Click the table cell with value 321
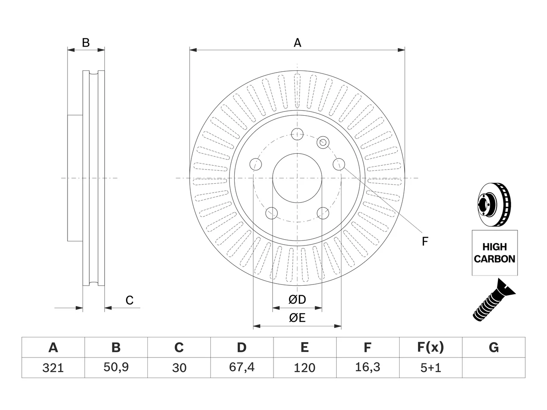(53, 368)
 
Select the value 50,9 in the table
(116, 368)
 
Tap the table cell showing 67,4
(242, 368)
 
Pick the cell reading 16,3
(368, 368)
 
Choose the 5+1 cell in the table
(431, 368)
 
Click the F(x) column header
(431, 347)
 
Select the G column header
(494, 347)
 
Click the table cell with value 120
(305, 368)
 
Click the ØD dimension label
(297, 299)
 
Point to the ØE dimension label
(297, 318)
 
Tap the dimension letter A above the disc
(297, 43)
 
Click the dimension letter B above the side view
(86, 43)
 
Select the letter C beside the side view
(129, 300)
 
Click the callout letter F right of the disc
(425, 241)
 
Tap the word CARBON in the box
(494, 259)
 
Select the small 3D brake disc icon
(494, 205)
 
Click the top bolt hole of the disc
(297, 134)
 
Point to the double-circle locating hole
(323, 143)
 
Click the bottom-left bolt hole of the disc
(271, 213)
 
